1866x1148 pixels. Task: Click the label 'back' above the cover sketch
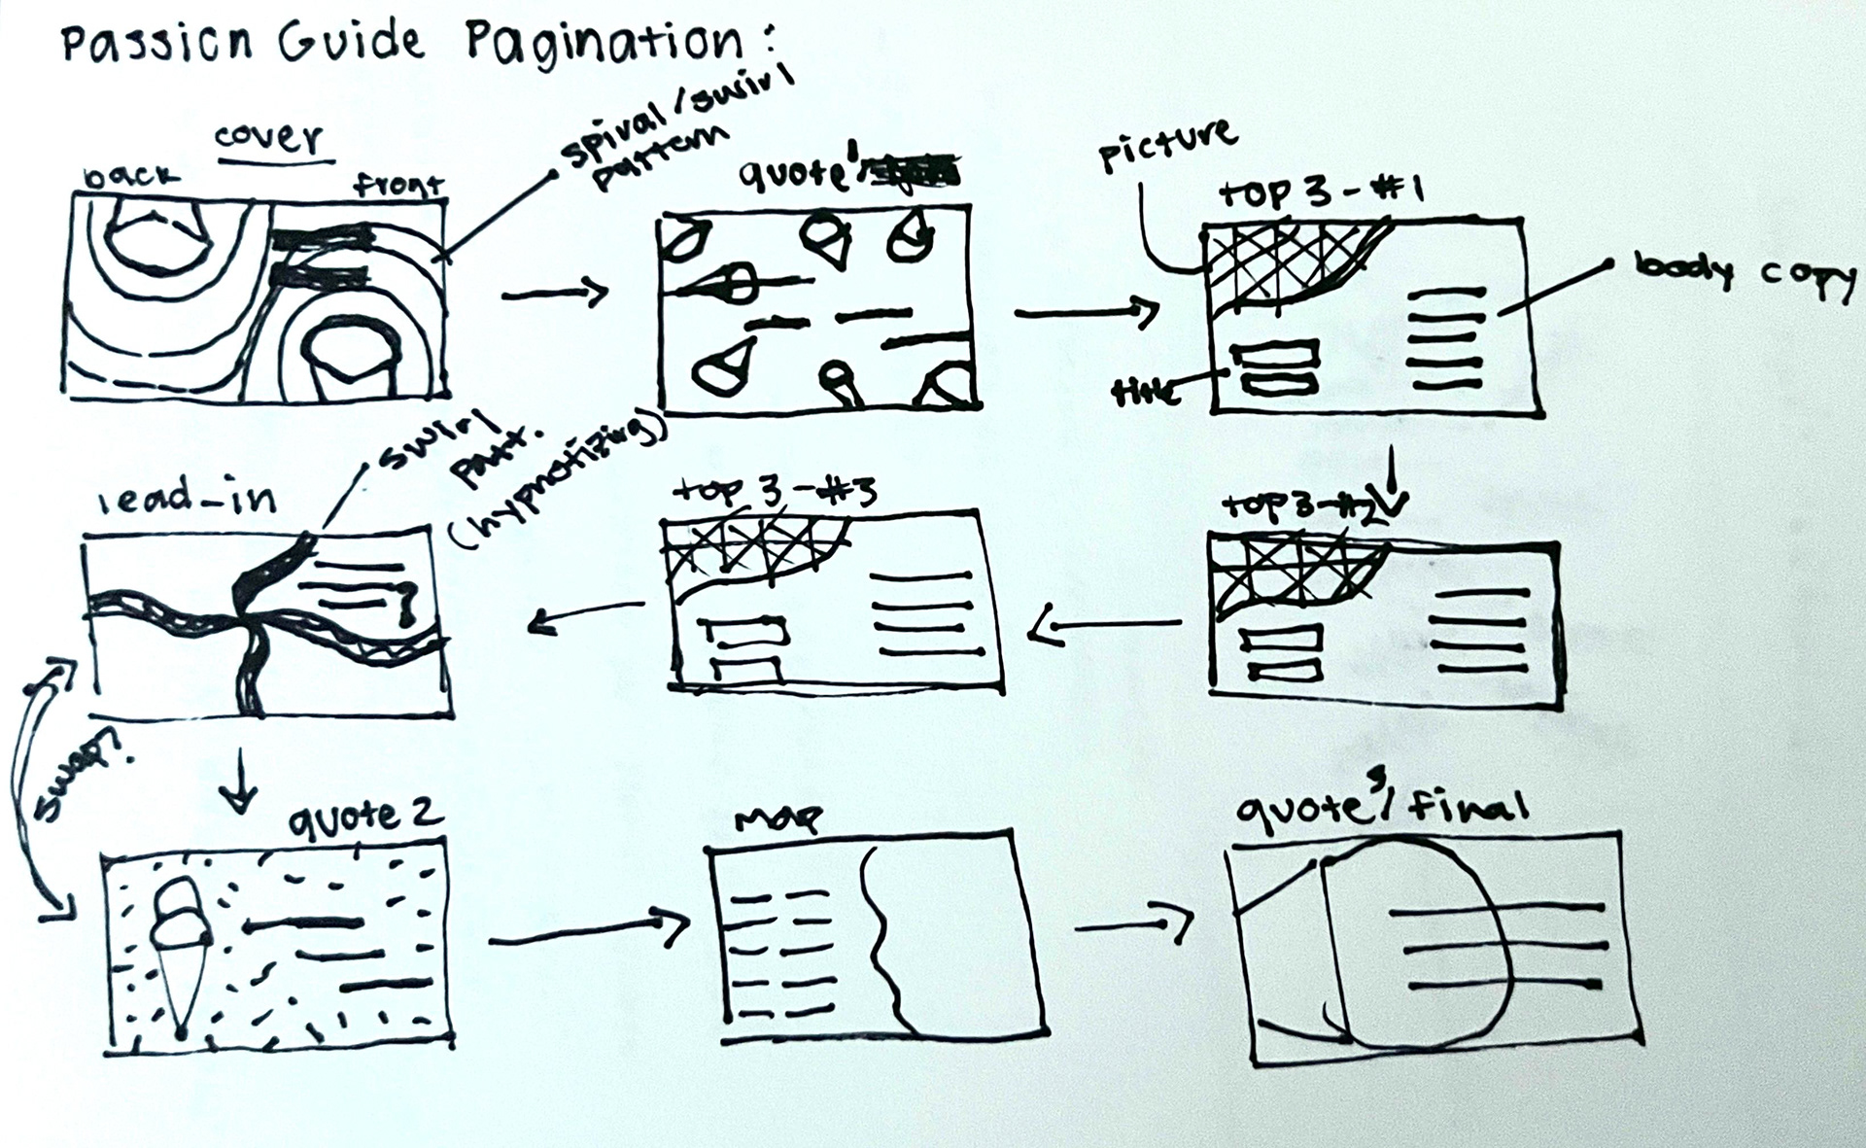tap(131, 177)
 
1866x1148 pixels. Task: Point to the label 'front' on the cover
tap(398, 185)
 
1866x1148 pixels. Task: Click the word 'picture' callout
tap(1167, 146)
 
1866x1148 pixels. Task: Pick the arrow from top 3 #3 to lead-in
tap(586, 615)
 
